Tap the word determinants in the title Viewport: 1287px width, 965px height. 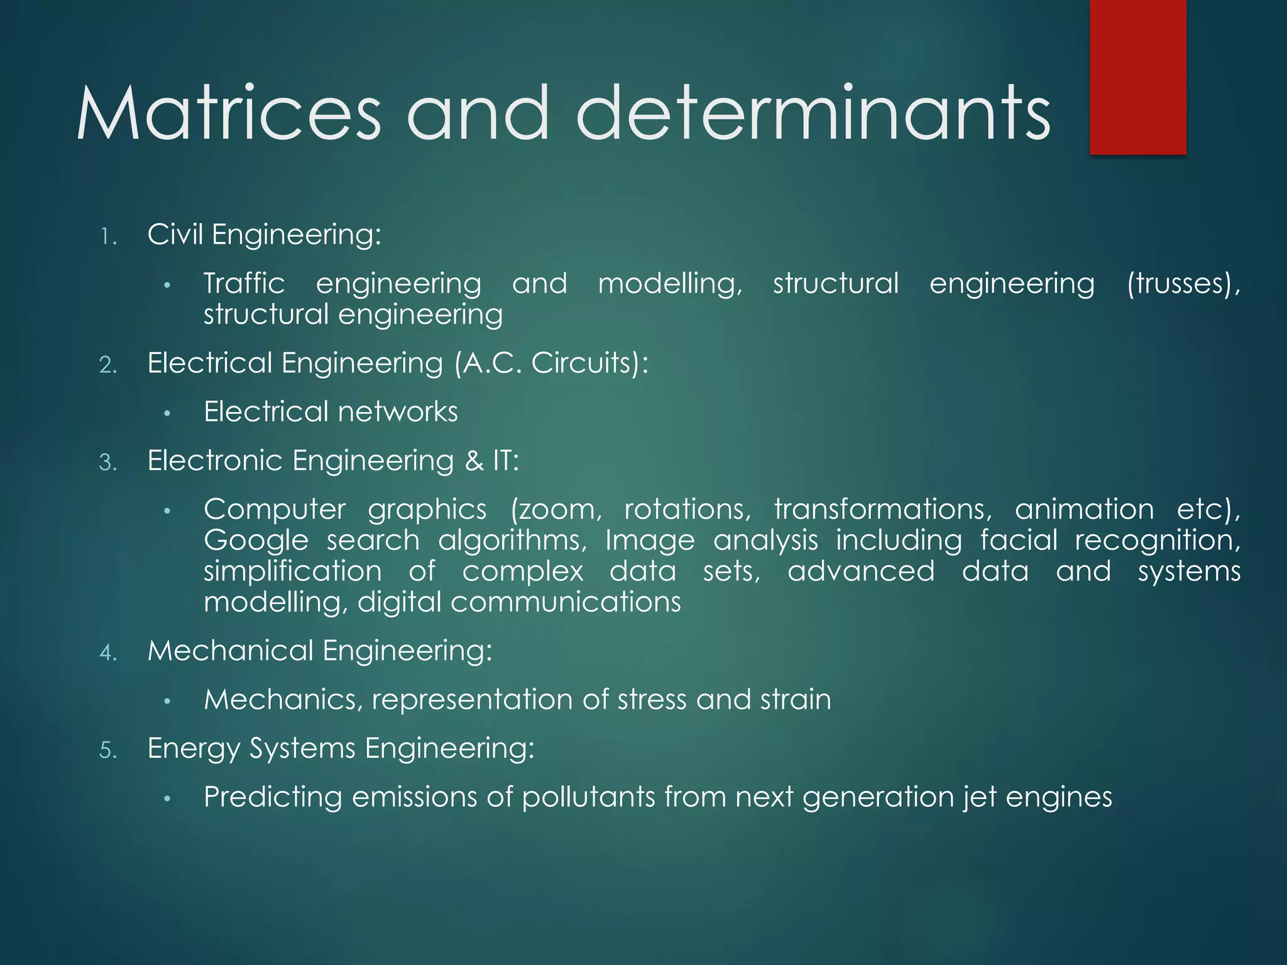(813, 114)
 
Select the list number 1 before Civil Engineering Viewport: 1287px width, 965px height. (108, 237)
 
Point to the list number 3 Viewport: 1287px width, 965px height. (108, 463)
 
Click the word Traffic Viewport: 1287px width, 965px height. (244, 283)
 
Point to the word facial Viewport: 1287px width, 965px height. (1019, 540)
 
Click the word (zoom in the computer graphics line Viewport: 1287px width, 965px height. (556, 510)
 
